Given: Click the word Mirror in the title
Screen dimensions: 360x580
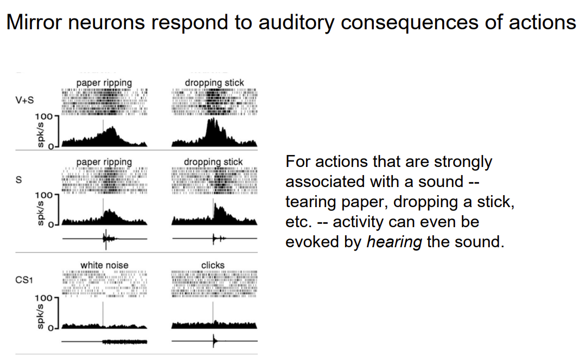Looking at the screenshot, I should click(x=40, y=22).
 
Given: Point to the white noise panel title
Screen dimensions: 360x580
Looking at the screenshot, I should click(x=104, y=265).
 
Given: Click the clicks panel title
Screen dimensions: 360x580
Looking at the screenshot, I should click(x=213, y=265).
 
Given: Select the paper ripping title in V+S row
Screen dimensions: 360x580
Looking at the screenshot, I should click(x=104, y=83).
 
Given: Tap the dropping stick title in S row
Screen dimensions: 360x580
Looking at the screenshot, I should click(x=213, y=162).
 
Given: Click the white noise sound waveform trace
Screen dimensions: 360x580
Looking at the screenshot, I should click(x=125, y=342).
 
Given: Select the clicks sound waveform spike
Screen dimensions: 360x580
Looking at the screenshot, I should click(x=213, y=341).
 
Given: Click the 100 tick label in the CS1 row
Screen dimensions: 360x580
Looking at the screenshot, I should click(x=43, y=298).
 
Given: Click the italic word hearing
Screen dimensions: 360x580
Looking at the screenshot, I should click(x=394, y=242).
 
